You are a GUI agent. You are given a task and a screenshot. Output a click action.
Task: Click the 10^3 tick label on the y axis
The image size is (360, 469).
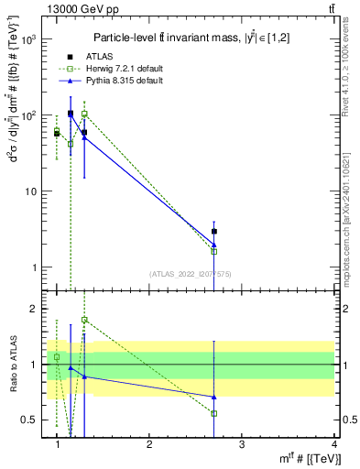coord(28,40)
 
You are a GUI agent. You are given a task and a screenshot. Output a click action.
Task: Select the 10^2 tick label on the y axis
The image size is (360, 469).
coord(28,116)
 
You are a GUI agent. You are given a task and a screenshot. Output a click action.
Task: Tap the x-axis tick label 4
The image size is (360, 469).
coord(334,444)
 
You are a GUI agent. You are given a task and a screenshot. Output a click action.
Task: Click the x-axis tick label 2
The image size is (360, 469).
coord(149,444)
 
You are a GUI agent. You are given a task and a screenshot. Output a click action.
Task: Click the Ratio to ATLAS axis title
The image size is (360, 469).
coord(12,364)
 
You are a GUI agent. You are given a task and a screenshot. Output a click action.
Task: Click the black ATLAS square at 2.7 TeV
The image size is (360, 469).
coord(214,232)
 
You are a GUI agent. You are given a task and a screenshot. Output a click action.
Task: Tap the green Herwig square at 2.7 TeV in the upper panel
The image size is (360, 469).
coord(214,251)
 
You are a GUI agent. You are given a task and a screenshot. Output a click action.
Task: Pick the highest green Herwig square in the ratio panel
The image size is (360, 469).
coord(84,320)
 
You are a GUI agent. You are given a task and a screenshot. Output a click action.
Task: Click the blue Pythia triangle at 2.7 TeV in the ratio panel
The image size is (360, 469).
coord(214,397)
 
